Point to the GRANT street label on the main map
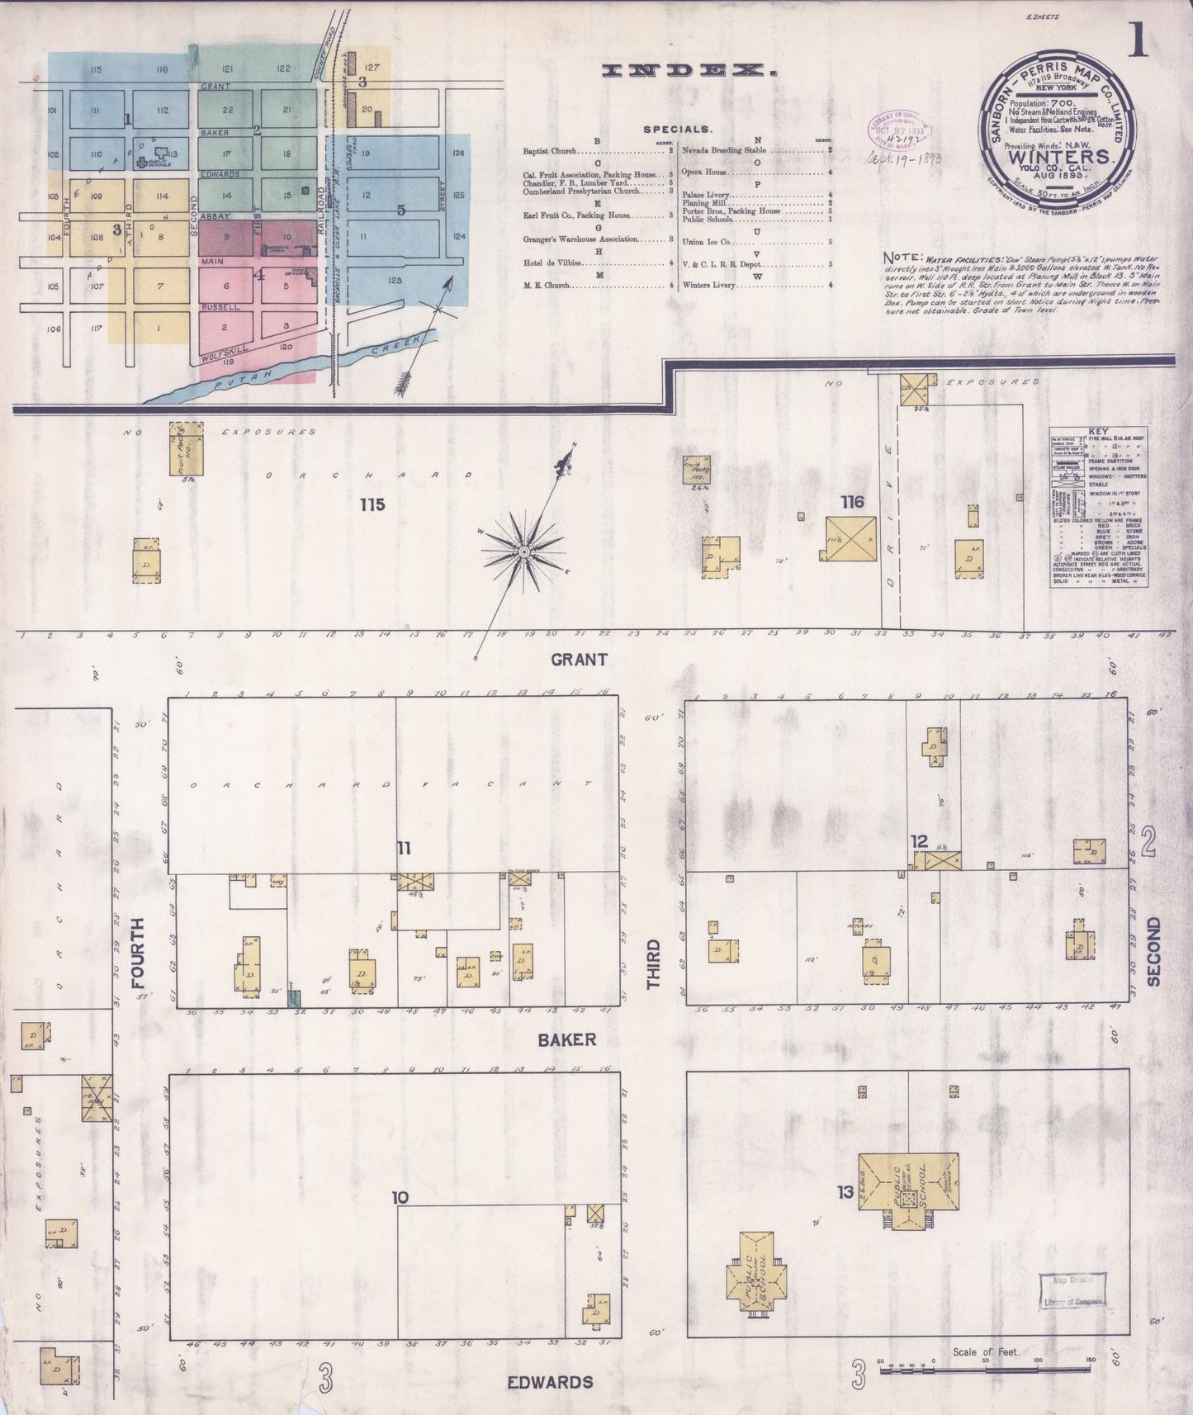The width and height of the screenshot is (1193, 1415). pos(579,659)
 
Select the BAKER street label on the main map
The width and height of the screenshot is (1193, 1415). pos(566,1039)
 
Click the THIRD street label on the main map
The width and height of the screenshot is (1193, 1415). pos(654,964)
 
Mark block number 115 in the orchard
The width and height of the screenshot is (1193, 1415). pos(372,504)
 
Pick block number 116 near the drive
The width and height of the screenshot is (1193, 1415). pos(852,501)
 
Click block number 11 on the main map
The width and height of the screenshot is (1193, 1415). pos(403,848)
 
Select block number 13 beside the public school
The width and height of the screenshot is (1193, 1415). pos(845,1192)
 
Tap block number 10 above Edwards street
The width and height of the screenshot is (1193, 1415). pos(400,1198)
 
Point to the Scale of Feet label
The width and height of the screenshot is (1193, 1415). pos(986,1352)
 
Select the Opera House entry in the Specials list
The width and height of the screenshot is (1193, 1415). pos(704,172)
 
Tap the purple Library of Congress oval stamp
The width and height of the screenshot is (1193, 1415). pos(899,128)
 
